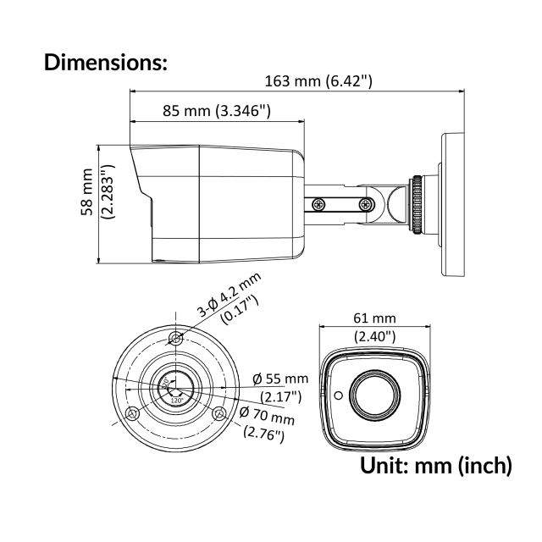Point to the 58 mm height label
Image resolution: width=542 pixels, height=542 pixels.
87,204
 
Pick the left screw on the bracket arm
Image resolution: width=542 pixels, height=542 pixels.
318,204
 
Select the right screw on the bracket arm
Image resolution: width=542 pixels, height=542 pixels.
365,204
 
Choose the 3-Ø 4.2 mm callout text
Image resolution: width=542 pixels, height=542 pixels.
230,296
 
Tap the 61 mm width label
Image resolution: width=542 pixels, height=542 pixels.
373,318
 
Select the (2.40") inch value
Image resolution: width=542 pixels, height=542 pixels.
373,336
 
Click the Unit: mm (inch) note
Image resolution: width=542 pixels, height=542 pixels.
436,464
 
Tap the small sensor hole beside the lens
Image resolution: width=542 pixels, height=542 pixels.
337,395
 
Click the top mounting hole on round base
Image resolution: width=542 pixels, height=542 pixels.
175,338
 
